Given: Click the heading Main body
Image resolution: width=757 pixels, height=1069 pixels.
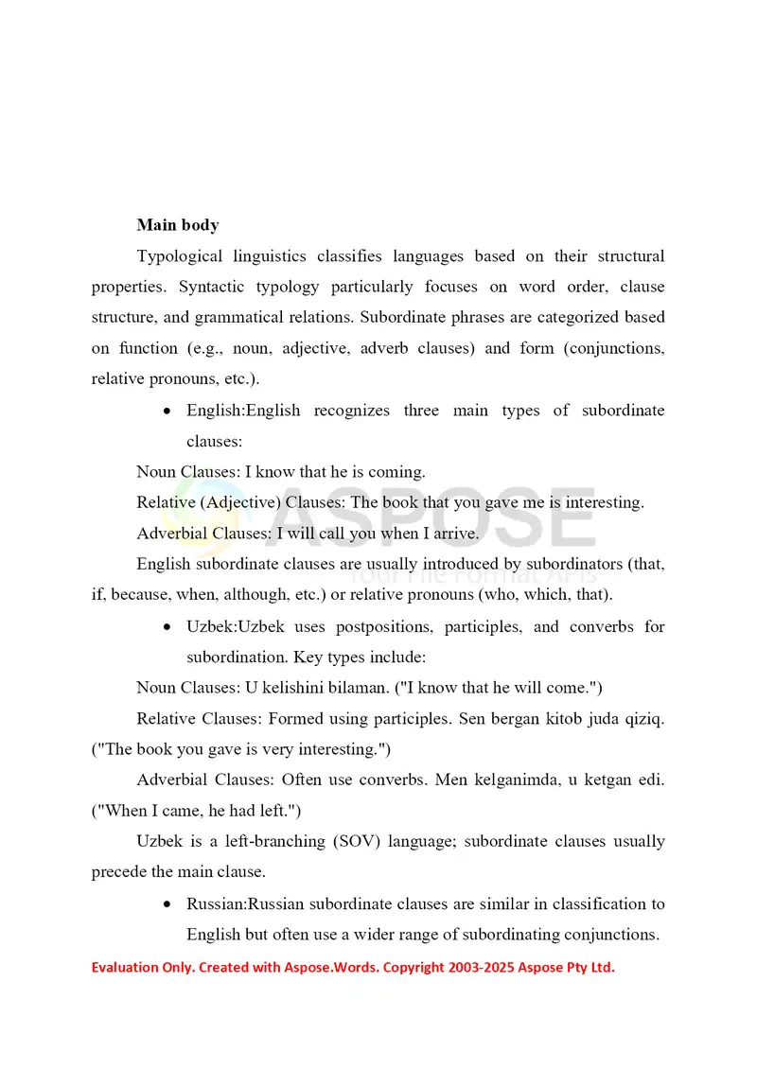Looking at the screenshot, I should point(178,225).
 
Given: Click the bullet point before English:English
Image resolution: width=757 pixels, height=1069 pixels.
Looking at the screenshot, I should point(167,412).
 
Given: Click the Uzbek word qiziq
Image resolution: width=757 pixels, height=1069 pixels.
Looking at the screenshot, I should point(644,719).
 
